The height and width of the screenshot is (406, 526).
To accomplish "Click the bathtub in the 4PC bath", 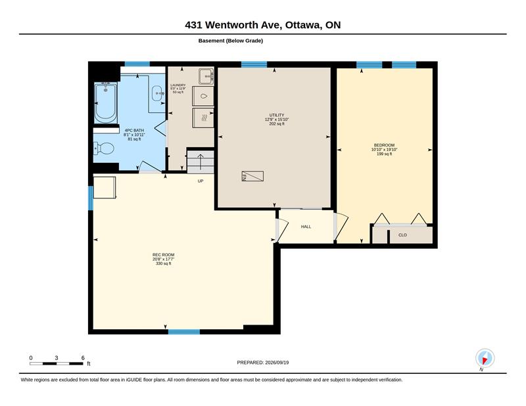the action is (x=105, y=102).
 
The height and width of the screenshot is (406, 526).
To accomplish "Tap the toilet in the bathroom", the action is (x=104, y=148).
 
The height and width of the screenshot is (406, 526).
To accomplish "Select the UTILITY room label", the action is (x=277, y=115).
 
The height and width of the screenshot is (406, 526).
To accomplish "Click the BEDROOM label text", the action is (x=384, y=145).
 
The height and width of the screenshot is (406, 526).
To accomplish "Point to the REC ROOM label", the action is (x=163, y=255).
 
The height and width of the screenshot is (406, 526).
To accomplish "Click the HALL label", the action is (x=306, y=227).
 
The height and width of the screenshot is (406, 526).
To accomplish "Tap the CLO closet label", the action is (x=402, y=235).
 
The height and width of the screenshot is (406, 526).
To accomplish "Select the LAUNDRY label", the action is (x=178, y=85).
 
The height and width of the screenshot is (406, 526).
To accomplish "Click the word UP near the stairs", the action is (x=201, y=181).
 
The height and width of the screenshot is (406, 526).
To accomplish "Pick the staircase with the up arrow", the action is (x=201, y=162).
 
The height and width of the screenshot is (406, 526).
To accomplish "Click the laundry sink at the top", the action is (x=206, y=76).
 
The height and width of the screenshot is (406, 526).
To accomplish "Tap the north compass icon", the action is (x=485, y=358).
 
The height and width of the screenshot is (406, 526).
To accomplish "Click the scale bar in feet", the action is (x=57, y=363).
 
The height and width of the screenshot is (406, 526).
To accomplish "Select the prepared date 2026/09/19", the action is (x=263, y=363).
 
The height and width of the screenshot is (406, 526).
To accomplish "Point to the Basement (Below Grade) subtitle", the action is (x=231, y=41).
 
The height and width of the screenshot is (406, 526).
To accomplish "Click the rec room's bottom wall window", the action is (x=184, y=332).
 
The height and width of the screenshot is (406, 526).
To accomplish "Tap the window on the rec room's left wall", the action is (x=91, y=198).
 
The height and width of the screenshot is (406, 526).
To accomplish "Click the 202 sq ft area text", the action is (x=277, y=124).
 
